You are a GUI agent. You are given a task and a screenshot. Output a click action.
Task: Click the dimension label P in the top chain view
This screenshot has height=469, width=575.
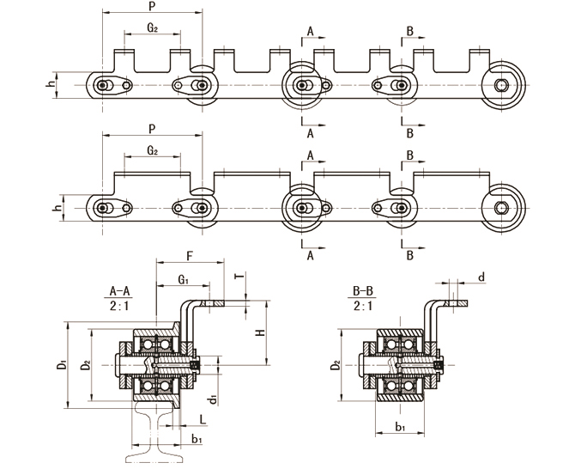tap(151, 7)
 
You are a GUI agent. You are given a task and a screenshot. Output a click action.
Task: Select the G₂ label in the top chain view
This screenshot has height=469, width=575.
tap(152, 27)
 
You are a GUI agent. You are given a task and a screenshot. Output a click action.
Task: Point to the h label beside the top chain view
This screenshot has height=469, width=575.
tap(51, 84)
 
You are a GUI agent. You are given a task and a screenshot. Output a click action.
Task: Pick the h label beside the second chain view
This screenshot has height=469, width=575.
tap(51, 207)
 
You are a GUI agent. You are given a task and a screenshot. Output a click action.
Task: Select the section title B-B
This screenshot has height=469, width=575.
tap(364, 290)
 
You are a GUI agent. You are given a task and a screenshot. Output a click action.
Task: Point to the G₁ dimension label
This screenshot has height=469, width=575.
tap(183, 278)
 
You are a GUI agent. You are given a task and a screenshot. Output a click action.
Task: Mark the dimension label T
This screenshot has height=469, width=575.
tap(238, 276)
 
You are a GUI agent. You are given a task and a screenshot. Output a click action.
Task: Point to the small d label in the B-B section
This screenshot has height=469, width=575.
tap(481, 277)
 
